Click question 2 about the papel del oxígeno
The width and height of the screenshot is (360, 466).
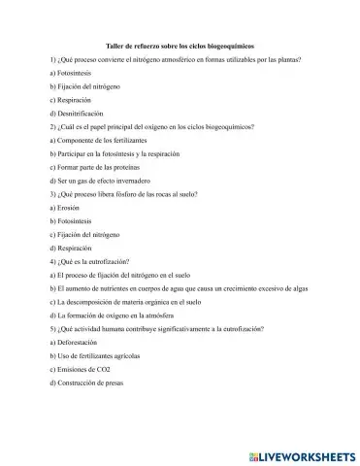tap(150, 127)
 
